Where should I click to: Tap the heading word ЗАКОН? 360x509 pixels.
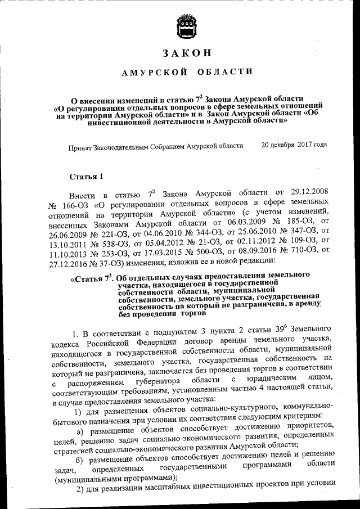point(187,54)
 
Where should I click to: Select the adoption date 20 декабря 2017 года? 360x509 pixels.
point(294,145)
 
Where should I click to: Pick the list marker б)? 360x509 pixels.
point(80,461)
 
